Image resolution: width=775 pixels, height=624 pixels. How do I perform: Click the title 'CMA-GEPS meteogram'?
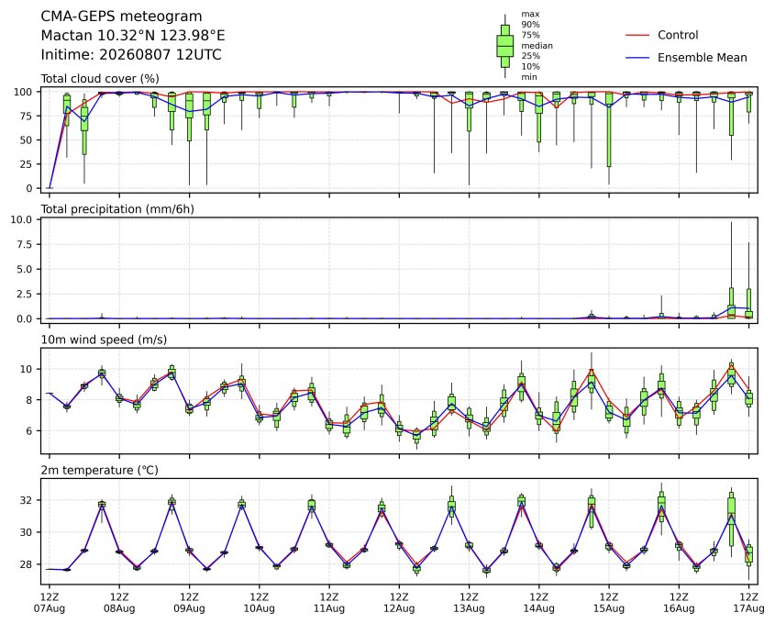click(121, 17)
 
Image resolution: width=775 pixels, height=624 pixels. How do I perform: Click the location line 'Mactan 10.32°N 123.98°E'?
click(132, 36)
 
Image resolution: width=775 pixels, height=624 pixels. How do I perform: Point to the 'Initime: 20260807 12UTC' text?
click(131, 54)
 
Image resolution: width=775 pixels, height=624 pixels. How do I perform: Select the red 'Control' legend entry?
click(662, 35)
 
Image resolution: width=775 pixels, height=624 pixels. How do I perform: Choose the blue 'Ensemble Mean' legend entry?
click(687, 58)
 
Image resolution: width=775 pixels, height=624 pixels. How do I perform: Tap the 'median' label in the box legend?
click(537, 46)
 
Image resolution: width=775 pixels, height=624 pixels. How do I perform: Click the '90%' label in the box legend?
click(530, 24)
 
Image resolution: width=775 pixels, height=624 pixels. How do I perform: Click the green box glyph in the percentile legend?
click(504, 46)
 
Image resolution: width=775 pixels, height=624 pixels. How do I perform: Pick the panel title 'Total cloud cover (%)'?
click(100, 79)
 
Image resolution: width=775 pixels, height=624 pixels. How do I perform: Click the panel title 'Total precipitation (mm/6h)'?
click(117, 209)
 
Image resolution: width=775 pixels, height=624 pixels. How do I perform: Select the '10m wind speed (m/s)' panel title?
click(104, 340)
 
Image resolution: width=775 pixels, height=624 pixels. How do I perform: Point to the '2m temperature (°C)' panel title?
click(99, 470)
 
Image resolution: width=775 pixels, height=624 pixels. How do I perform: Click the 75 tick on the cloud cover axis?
click(26, 116)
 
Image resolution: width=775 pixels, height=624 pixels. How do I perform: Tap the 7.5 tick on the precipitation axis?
click(25, 244)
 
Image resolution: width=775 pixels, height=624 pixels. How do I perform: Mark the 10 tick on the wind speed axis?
click(27, 369)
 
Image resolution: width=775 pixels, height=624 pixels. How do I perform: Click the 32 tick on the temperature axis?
click(27, 500)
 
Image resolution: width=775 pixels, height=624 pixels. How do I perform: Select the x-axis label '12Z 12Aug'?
click(399, 603)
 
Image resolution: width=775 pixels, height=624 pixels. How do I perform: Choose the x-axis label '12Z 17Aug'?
click(748, 603)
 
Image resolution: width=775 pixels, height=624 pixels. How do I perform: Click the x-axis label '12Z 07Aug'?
click(50, 603)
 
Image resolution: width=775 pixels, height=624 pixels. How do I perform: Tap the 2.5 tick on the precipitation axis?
click(25, 294)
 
